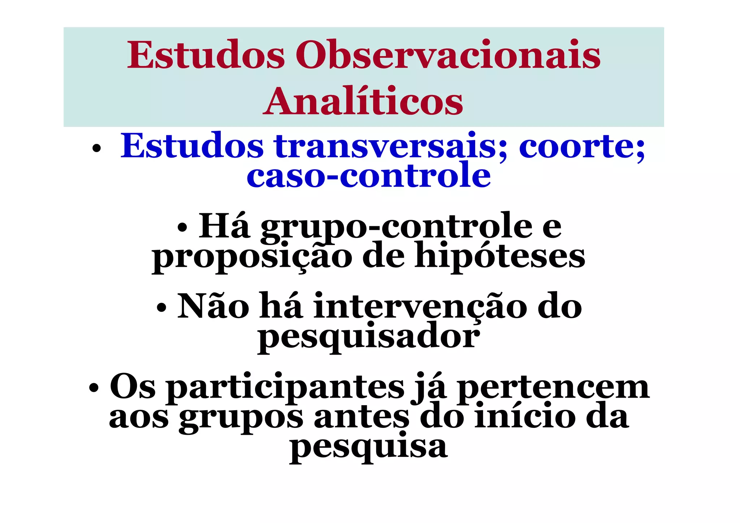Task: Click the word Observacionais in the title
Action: pos(448,55)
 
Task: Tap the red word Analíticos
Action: pos(363,102)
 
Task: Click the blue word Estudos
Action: pos(192,146)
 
